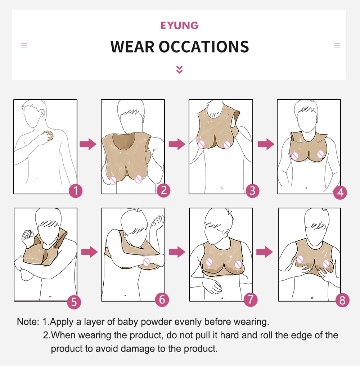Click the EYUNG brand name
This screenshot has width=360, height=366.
point(179,26)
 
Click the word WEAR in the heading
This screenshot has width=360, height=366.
point(132,46)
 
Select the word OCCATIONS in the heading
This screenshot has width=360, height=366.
point(204,46)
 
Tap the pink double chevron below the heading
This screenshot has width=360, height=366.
point(179,69)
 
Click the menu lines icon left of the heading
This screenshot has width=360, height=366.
point(24,45)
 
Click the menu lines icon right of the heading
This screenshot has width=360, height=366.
point(337,45)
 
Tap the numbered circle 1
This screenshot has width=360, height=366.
point(76,191)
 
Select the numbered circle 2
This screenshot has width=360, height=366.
point(163,190)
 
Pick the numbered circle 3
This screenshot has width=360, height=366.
point(252,191)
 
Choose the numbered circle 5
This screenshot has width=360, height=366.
point(74,302)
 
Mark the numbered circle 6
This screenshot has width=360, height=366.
point(162,299)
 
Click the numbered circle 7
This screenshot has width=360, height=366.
point(251,299)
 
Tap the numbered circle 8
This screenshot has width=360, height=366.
point(342,300)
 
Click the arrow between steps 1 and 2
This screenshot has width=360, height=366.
point(88,144)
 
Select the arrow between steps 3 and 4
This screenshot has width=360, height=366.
point(266,144)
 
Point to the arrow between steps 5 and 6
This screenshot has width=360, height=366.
point(89,252)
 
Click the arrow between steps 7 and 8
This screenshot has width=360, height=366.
point(265,252)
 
